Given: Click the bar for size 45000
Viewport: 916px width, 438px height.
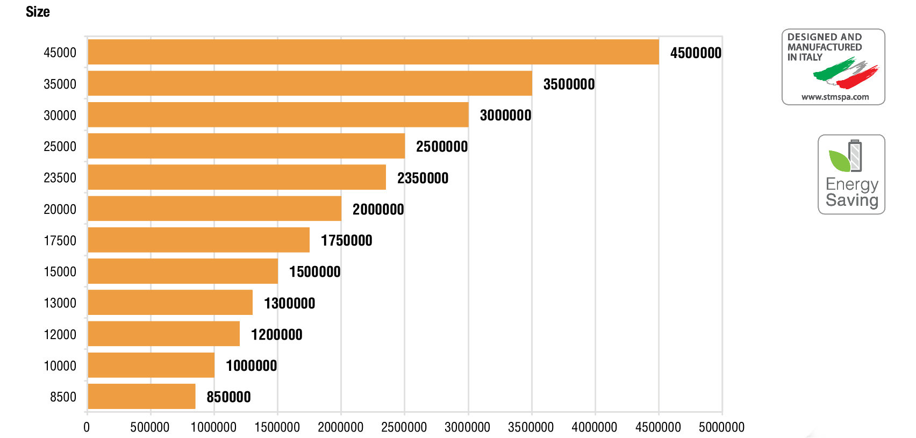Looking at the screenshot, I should coord(373,52).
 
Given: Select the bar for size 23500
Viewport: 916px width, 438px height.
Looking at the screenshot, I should coord(237,177).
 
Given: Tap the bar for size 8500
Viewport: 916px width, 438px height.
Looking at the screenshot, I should coord(141,397).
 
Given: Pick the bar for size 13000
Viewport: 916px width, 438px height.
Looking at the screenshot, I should coord(170,303).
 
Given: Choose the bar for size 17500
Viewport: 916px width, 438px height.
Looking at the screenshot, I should coord(198,240).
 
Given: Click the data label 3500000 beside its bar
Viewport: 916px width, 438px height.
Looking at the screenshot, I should coord(569,84).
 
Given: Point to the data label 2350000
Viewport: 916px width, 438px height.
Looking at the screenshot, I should coord(423,178).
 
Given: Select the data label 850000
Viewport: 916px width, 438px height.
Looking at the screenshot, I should coord(228,397).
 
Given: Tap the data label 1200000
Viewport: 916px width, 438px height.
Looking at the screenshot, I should coord(276,335).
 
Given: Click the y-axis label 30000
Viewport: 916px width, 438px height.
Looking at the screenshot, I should coord(60,116).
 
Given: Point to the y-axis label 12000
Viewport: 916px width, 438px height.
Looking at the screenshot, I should coord(60,335).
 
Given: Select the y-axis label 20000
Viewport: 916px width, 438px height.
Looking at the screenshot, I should coord(60,210).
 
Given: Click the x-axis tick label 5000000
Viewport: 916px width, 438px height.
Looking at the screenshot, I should coord(721,427).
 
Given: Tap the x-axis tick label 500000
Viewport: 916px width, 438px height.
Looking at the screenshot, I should coord(150,427).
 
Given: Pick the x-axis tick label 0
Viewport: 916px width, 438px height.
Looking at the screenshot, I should coord(87,427).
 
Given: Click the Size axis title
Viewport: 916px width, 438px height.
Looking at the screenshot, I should coord(38,12).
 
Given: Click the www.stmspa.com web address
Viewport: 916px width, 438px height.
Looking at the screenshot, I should coord(835,97).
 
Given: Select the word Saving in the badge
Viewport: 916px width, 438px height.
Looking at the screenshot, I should coord(851,200).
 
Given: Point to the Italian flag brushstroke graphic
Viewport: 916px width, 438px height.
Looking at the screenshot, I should coord(846,74).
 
